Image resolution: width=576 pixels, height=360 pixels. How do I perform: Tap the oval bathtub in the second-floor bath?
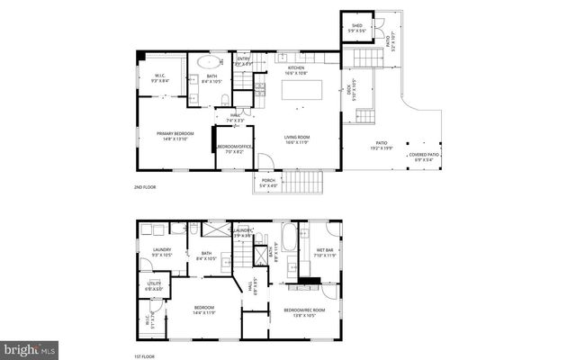click(x=208, y=63)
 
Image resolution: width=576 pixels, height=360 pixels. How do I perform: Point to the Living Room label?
click(x=297, y=138)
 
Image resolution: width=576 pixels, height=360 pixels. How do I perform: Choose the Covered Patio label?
click(x=424, y=155)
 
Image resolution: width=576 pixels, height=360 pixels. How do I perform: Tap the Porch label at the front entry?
click(x=268, y=180)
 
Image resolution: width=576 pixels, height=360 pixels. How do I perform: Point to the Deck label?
click(x=349, y=89)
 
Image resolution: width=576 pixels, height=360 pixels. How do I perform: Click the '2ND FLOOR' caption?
click(x=146, y=187)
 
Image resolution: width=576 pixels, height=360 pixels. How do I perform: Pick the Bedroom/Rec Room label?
click(x=304, y=310)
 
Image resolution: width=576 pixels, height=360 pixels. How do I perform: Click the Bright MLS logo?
click(x=30, y=347)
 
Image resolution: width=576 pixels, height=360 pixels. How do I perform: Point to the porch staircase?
click(x=302, y=184)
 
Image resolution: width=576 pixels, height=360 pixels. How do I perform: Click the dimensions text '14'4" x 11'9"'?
click(x=204, y=312)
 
